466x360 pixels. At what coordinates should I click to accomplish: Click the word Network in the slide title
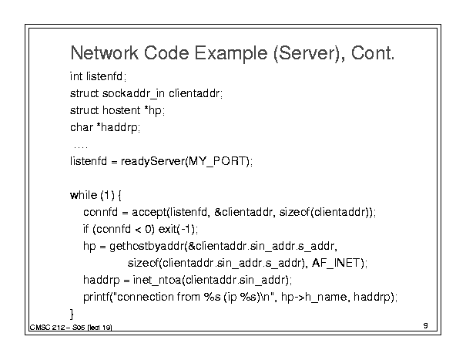pyautogui.click(x=105, y=53)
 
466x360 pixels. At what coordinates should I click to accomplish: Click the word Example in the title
pyautogui.click(x=231, y=54)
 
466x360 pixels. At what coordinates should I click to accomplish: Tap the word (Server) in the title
pyautogui.click(x=309, y=54)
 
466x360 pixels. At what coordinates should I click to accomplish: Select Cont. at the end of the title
pyautogui.click(x=373, y=53)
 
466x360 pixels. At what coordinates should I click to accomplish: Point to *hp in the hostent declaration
pyautogui.click(x=153, y=111)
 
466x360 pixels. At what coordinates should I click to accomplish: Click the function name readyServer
pyautogui.click(x=153, y=162)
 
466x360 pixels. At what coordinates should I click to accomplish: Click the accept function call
pyautogui.click(x=149, y=213)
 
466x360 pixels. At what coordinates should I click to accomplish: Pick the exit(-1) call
pyautogui.click(x=177, y=229)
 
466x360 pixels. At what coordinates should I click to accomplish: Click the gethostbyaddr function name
pyautogui.click(x=147, y=247)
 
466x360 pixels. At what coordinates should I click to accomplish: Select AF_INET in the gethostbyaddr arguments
pyautogui.click(x=336, y=263)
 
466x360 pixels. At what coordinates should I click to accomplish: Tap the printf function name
pyautogui.click(x=96, y=297)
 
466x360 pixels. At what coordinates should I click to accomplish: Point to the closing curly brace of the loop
pyautogui.click(x=72, y=314)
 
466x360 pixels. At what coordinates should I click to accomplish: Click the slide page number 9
pyautogui.click(x=426, y=325)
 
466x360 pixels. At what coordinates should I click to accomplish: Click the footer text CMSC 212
pyautogui.click(x=47, y=328)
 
